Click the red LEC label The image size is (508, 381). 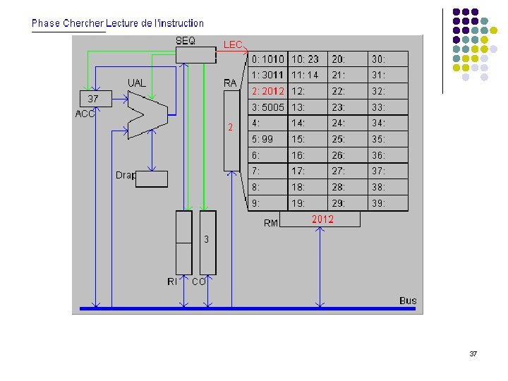(x=233, y=44)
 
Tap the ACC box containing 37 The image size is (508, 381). (x=94, y=98)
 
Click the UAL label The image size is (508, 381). (x=137, y=83)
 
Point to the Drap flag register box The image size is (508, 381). (x=151, y=179)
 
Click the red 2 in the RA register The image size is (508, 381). (x=230, y=128)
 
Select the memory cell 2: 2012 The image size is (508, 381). (x=268, y=92)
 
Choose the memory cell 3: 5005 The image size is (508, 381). (x=268, y=108)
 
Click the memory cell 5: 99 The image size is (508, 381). (x=268, y=140)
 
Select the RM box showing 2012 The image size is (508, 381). (x=320, y=219)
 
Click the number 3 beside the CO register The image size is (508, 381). (x=206, y=240)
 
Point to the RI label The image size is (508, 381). (x=172, y=282)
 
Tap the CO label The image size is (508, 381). (x=199, y=282)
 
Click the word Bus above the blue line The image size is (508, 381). (x=408, y=301)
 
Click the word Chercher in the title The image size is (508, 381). (x=83, y=23)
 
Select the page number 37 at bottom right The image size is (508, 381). (x=473, y=353)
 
